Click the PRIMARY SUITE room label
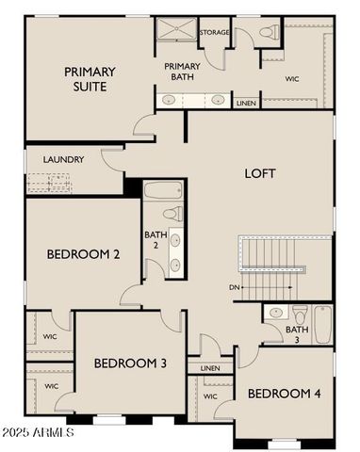click(x=90, y=79)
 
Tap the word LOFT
click(x=260, y=173)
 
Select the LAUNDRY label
click(x=64, y=159)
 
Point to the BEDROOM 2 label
click(x=83, y=254)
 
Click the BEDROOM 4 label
click(x=285, y=394)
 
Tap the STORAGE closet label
click(x=214, y=33)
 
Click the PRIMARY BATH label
click(x=182, y=73)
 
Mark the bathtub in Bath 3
click(x=323, y=324)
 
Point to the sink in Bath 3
click(x=276, y=312)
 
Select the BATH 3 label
click(x=297, y=335)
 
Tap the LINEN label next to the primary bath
click(x=246, y=103)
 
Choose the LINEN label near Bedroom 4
click(x=210, y=368)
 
